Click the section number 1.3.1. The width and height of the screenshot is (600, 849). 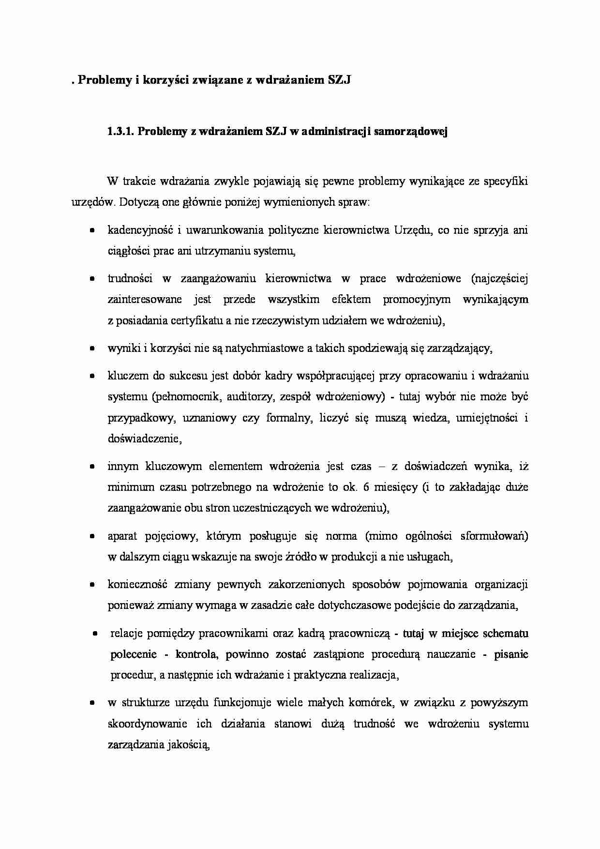[x=120, y=132]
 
